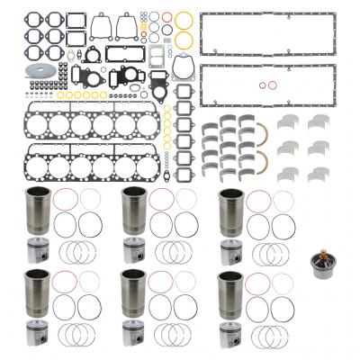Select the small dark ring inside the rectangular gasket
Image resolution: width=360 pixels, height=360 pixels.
pos(273,87)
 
